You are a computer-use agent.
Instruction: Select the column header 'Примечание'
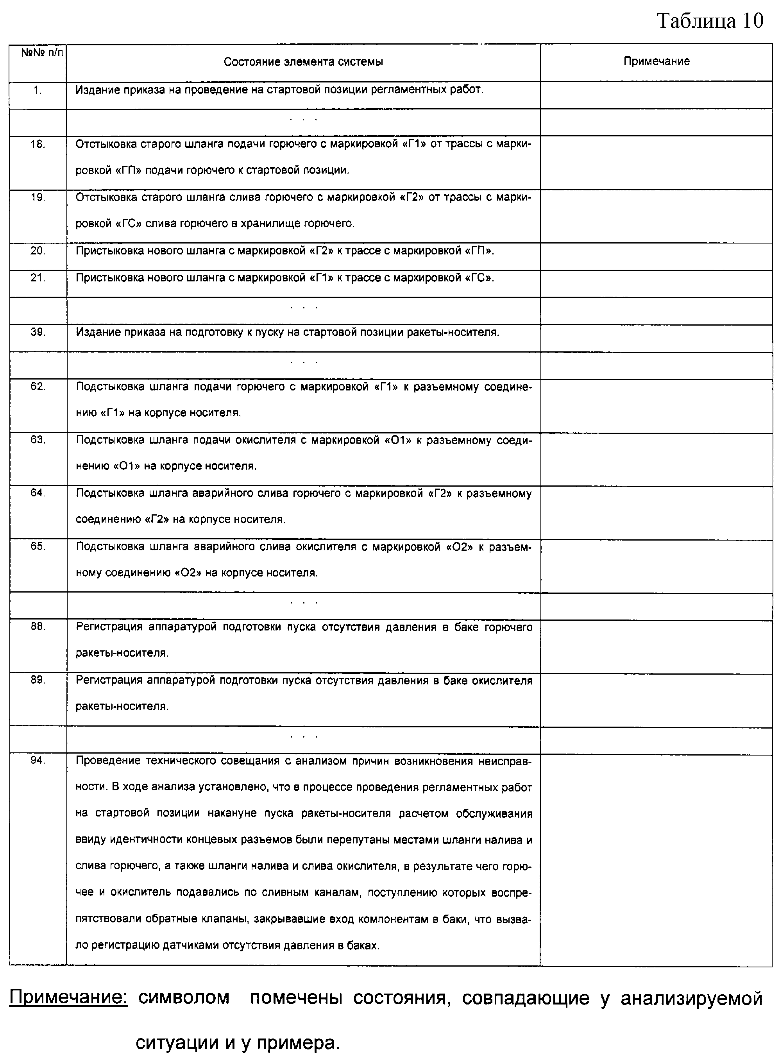(x=656, y=61)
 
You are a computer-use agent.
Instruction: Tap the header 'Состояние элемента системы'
(x=303, y=62)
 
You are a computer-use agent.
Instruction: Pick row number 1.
(x=38, y=91)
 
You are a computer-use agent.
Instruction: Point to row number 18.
(x=38, y=145)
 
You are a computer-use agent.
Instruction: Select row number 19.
(x=38, y=198)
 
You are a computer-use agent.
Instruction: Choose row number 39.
(x=38, y=332)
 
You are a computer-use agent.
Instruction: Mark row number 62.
(x=38, y=386)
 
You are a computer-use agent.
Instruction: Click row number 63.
(x=38, y=440)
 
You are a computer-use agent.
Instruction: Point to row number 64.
(x=38, y=492)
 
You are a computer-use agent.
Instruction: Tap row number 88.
(x=38, y=626)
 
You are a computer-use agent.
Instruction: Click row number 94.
(x=38, y=760)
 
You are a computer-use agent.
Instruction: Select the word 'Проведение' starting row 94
(x=107, y=761)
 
